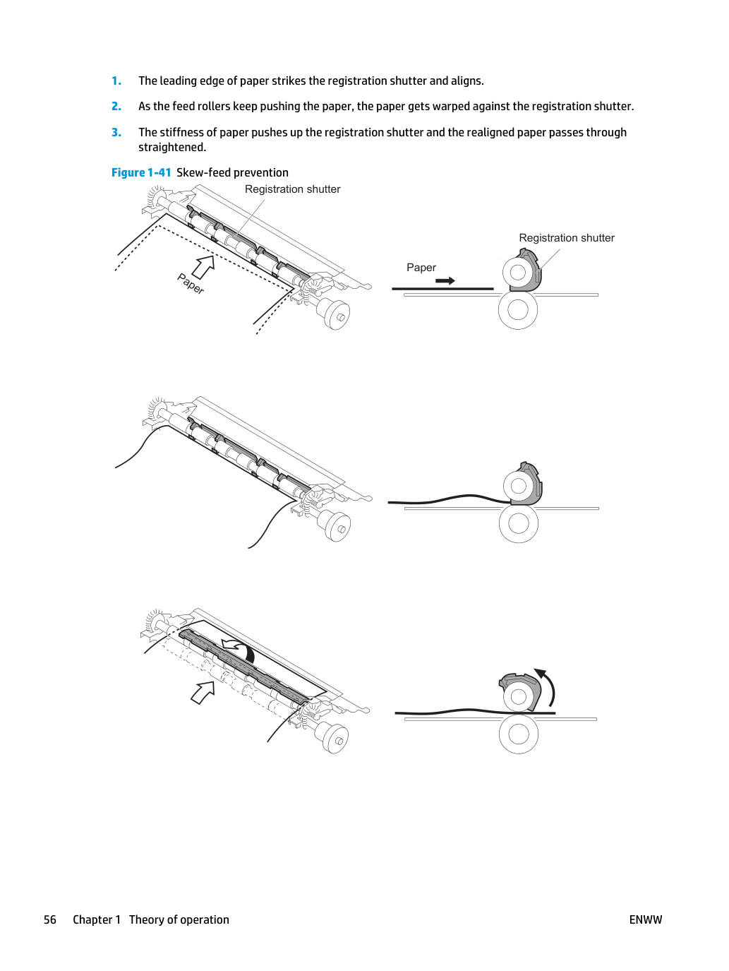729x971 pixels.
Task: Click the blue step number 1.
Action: (116, 81)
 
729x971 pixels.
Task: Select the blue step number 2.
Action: (116, 107)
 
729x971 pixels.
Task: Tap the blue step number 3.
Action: (116, 133)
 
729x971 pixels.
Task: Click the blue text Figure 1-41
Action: (141, 172)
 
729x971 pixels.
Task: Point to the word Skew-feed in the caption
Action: (203, 172)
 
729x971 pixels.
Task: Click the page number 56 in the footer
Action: (50, 919)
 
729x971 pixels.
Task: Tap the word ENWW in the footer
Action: (646, 919)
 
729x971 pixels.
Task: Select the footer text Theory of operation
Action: (179, 919)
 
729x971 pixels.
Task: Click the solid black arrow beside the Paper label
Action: (445, 280)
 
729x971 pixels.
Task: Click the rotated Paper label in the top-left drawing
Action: (191, 284)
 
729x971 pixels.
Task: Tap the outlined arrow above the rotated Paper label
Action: (203, 267)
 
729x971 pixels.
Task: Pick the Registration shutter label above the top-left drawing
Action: (293, 189)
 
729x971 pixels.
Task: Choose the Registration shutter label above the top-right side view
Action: (567, 238)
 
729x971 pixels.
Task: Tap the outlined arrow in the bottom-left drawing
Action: (203, 692)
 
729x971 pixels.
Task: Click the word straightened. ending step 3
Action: (172, 148)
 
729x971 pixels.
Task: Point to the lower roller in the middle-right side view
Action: (519, 524)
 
